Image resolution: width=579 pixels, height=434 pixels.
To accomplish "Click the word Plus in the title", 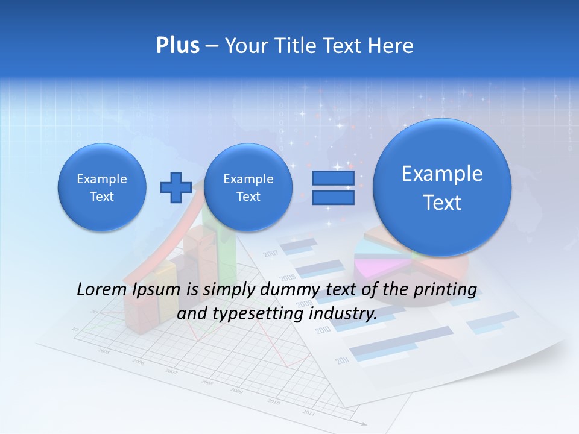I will tap(177, 46).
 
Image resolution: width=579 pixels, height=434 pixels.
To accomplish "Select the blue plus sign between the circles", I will tap(176, 187).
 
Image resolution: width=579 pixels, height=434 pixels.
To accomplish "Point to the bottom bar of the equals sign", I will tap(333, 197).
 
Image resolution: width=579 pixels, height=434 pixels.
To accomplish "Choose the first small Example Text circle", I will tap(102, 187).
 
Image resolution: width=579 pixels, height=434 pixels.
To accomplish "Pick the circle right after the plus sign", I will tap(248, 187).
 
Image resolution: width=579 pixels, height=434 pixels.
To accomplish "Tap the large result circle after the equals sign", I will tap(442, 187).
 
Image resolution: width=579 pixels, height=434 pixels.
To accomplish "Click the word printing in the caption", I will tap(445, 289).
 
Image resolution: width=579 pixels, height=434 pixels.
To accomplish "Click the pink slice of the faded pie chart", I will tap(375, 266).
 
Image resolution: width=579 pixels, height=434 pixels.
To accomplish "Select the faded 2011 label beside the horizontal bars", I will tap(343, 361).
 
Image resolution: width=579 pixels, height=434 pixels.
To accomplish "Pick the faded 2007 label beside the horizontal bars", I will tap(271, 253).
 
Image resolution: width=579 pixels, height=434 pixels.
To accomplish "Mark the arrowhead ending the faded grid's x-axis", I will tap(364, 424).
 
